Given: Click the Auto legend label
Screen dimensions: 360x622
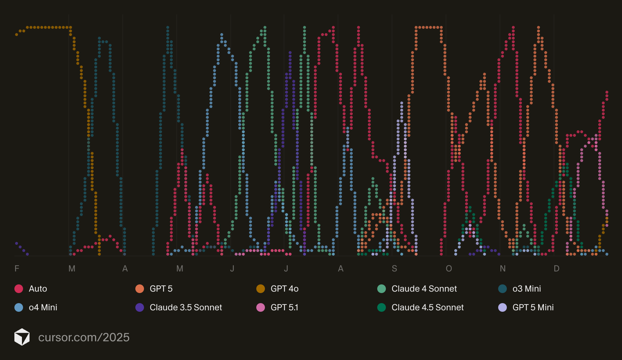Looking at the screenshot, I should coord(38,289).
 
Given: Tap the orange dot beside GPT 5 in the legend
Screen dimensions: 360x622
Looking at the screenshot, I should coord(140,289).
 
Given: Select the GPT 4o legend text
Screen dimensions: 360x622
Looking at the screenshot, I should coord(284,289).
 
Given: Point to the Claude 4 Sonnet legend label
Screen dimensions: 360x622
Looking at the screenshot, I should coord(424,289).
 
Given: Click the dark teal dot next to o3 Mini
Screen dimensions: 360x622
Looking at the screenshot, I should coord(502,289).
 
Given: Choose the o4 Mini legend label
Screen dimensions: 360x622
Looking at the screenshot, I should coord(43,307).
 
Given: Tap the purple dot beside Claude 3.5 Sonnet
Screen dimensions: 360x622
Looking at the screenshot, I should coord(140,307).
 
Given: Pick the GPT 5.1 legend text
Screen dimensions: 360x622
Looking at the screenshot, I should coord(284,307).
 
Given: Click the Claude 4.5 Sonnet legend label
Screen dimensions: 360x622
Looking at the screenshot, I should coord(428,307).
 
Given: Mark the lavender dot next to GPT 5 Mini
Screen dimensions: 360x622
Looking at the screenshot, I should coord(502,307).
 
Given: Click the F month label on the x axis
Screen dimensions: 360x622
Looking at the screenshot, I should coord(17,269).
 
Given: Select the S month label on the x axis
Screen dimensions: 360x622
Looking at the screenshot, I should coord(395,269).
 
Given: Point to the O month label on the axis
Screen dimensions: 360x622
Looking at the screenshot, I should coord(449,269).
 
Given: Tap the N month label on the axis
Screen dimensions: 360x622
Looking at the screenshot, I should coord(502,269).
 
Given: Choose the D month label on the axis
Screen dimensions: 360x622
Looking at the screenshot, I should coord(556,269).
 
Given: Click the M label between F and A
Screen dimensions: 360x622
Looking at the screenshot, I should coord(72,269).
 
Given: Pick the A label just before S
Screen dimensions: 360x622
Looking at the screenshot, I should coord(341,269).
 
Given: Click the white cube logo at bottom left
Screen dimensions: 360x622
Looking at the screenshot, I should coord(22,337).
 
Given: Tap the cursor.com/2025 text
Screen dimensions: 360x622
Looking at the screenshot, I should coord(84,337).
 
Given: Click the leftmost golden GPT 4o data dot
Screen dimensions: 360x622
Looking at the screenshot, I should coord(17,35).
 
